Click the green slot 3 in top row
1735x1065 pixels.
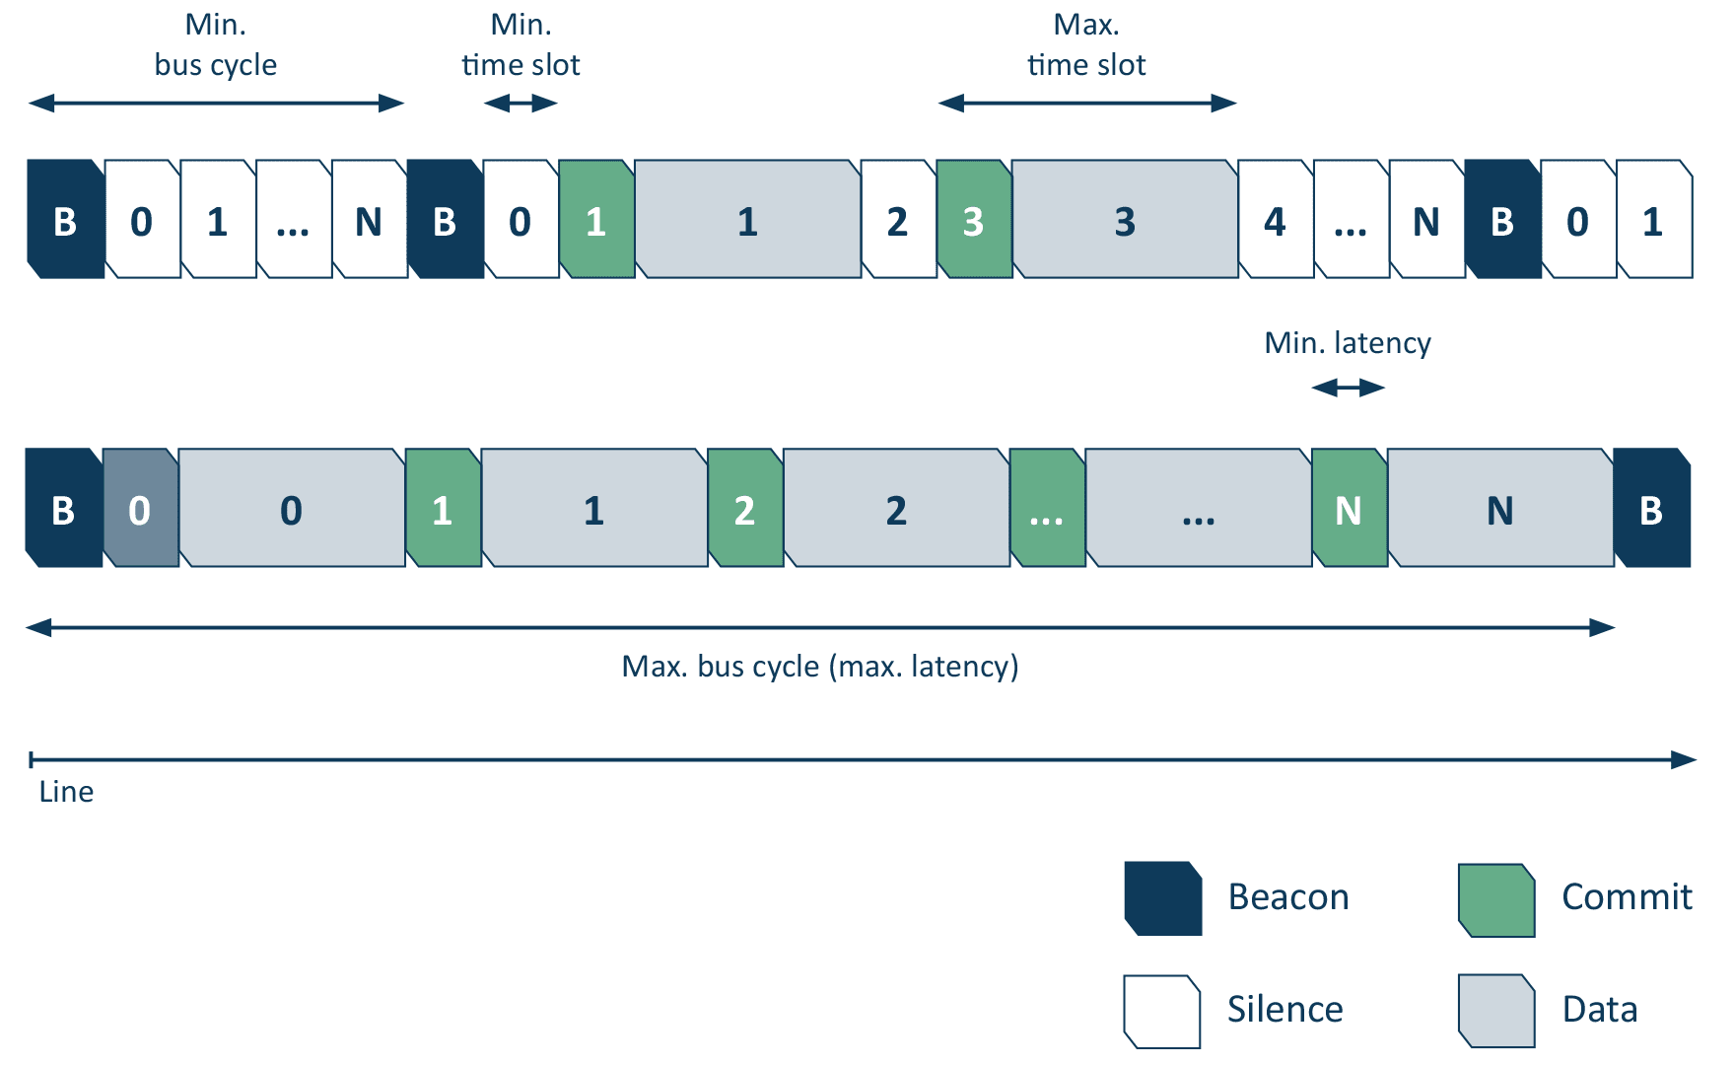click(x=974, y=220)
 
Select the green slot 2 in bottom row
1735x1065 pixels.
click(x=745, y=509)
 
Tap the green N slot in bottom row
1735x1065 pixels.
click(x=1349, y=509)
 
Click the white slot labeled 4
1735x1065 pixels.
click(x=1275, y=220)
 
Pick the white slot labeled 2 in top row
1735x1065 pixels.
click(x=898, y=220)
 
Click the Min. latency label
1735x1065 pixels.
click(x=1347, y=343)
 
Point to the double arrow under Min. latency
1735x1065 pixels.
click(x=1348, y=389)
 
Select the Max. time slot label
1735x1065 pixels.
click(x=1086, y=45)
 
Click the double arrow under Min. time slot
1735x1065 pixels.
click(x=520, y=104)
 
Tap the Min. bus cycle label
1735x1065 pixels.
click(x=215, y=45)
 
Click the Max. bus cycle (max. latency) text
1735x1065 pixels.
click(x=819, y=667)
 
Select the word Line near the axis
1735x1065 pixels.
click(x=66, y=792)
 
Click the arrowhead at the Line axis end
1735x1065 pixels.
click(x=1684, y=759)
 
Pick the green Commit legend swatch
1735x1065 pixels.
click(x=1495, y=899)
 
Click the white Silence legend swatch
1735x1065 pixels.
click(x=1161, y=1011)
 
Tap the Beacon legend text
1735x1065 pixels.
click(x=1287, y=897)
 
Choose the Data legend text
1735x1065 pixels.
click(x=1599, y=1010)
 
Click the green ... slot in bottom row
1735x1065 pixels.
click(x=1047, y=509)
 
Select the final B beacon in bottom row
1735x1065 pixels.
click(x=1651, y=509)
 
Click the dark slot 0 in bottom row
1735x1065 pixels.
click(x=140, y=509)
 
